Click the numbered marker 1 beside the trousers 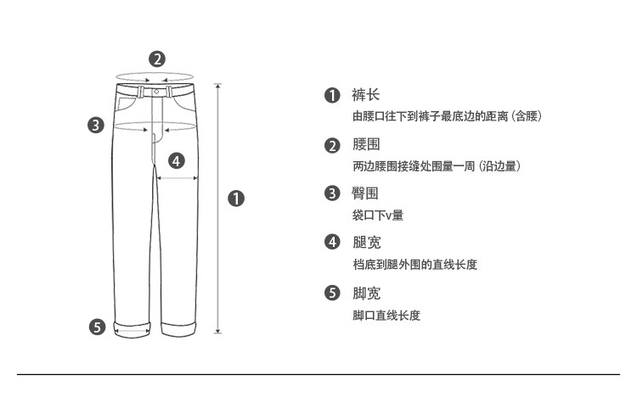236,198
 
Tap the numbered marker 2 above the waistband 157,59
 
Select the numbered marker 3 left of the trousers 96,125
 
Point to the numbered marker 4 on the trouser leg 177,160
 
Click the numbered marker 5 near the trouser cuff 97,327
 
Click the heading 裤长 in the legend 365,95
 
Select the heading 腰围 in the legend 366,144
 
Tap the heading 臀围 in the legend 365,193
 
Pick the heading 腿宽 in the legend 366,243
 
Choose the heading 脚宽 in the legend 366,293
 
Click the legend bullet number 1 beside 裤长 332,96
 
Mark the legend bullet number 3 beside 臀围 332,193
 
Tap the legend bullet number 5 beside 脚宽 332,293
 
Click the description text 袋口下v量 378,215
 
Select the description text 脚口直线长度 386,316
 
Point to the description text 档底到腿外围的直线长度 414,265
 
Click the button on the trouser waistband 156,92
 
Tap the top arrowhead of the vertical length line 218,85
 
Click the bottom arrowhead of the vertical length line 218,331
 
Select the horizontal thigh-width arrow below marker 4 178,178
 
